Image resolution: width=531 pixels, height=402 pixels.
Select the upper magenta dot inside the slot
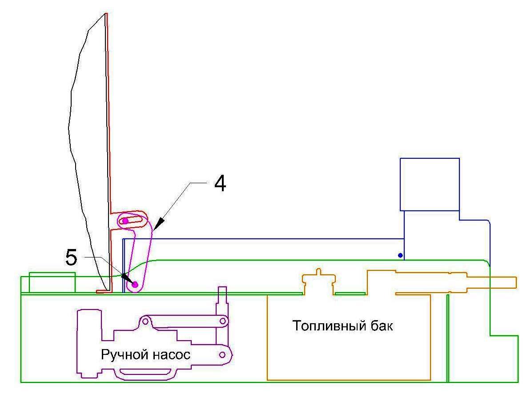tap(125, 221)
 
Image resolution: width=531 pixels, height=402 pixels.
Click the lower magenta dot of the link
tap(135, 284)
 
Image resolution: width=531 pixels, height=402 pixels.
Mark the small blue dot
tap(400, 255)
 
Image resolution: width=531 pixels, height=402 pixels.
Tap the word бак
tap(381, 326)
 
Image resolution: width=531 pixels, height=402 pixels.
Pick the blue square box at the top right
tap(430, 184)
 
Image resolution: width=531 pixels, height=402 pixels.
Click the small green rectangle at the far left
tap(52, 282)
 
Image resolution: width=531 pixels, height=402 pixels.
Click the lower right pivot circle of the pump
tap(222, 354)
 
